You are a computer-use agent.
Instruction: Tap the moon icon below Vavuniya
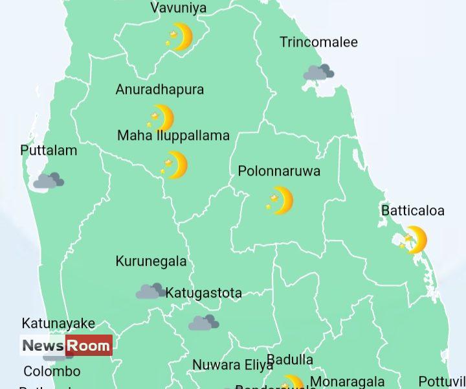coord(179,37)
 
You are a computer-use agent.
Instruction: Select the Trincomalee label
coord(318,42)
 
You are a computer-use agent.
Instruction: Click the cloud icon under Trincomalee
coord(318,72)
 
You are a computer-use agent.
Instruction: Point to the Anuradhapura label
coord(159,89)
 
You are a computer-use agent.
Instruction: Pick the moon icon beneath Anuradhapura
coord(161,118)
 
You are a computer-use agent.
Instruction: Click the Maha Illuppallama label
coord(173,136)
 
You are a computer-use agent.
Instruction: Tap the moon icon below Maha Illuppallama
coord(175,165)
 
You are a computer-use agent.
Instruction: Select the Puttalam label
coord(49,150)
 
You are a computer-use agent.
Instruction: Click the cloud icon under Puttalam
coord(49,180)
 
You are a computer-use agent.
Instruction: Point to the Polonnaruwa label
coord(279,171)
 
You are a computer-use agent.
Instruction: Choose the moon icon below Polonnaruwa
coord(280,200)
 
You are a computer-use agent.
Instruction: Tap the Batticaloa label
coord(413,211)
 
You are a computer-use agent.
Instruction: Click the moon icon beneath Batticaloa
coord(414,240)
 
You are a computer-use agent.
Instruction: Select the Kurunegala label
coord(151,261)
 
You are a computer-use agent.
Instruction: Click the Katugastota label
coord(203,293)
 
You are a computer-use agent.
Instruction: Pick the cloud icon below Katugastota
coord(203,322)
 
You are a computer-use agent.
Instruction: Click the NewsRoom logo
coord(66,346)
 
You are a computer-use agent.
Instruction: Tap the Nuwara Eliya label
coord(233,365)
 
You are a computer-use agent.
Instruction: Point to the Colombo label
coord(52,371)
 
